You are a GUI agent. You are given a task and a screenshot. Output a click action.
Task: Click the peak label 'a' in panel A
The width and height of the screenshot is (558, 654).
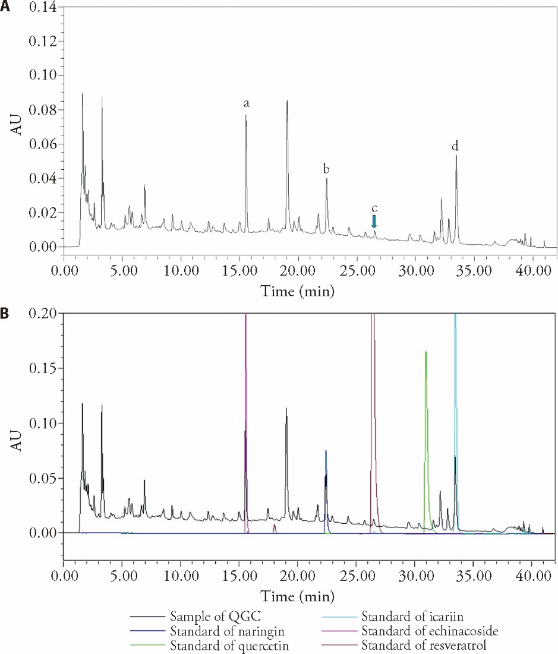pos(246,103)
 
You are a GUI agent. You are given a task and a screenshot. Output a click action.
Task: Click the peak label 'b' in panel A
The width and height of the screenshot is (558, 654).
pos(326,169)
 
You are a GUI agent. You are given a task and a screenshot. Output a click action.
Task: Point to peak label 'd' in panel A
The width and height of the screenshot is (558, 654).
pos(455,146)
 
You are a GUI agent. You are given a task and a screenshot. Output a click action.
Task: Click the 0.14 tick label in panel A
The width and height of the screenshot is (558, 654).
pos(43,8)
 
